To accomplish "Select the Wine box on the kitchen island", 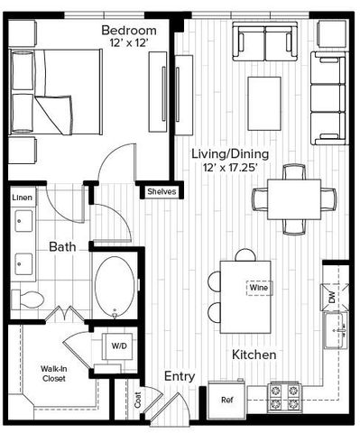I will coord(255,289).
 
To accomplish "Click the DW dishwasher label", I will coord(332,296).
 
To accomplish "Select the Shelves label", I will coord(162,191).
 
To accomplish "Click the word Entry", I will coord(180,376).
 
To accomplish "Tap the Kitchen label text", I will coord(254,355).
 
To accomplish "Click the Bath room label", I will coord(62,245).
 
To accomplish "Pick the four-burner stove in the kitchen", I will coord(285,395).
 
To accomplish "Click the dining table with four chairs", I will coord(286,197).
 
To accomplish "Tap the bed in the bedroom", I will coord(54,90).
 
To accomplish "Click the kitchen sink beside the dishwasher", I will coord(339,330).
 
